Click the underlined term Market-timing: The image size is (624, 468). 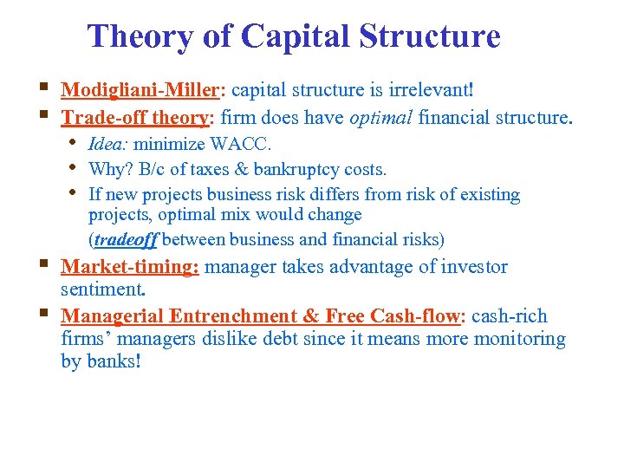(x=130, y=267)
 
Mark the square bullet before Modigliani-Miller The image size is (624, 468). (x=44, y=87)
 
